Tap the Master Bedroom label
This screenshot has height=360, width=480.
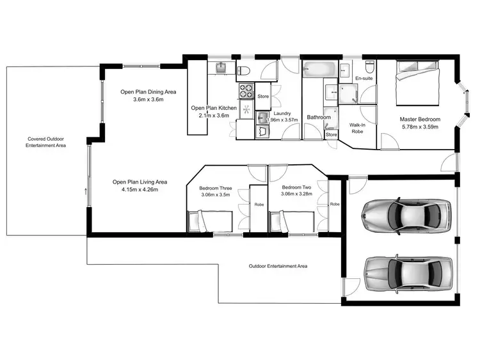[420, 119]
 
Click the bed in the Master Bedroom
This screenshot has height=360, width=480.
[418, 82]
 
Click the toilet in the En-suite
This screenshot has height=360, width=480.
[369, 67]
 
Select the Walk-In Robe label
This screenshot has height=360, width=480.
[356, 129]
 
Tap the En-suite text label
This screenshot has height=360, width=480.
[364, 78]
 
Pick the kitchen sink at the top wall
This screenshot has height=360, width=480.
[221, 67]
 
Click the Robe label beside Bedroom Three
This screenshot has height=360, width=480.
[259, 205]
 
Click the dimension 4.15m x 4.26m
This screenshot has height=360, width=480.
[135, 190]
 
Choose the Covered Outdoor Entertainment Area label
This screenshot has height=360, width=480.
[45, 142]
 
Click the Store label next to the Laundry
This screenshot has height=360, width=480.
[263, 96]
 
